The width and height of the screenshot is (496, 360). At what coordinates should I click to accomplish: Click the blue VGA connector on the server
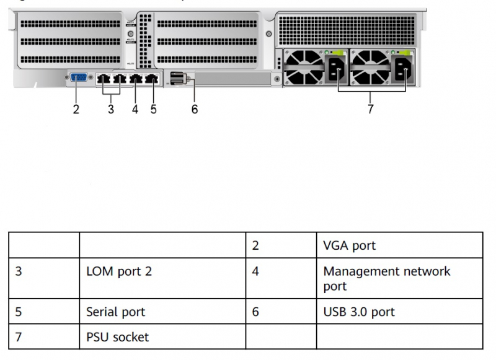click(79, 79)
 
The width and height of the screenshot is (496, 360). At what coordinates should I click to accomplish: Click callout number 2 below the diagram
click(76, 110)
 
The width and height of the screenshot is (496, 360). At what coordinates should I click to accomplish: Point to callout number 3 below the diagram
click(111, 110)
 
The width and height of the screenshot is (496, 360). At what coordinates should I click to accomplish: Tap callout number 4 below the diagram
click(135, 110)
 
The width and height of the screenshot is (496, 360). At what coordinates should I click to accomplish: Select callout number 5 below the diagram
click(153, 110)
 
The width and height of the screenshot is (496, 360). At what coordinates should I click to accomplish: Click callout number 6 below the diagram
click(195, 110)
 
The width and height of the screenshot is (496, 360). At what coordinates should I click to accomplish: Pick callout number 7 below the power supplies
click(370, 111)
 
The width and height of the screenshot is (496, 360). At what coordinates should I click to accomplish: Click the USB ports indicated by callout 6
click(176, 79)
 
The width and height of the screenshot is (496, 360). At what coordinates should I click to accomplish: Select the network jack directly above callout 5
click(151, 79)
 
